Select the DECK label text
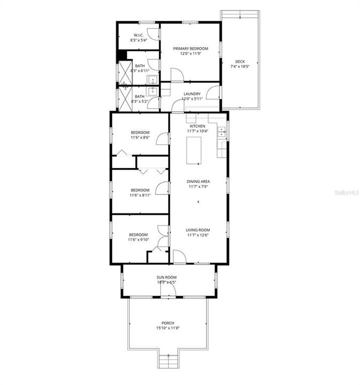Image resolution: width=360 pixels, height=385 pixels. (240, 61)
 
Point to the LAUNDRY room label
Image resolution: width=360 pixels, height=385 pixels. (192, 94)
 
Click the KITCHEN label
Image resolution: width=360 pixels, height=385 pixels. (197, 126)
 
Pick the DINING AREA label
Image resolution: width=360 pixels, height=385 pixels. (198, 181)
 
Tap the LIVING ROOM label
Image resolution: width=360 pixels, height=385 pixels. (198, 229)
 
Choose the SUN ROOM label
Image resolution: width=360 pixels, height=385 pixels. (166, 277)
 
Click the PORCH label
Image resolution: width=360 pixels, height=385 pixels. (168, 324)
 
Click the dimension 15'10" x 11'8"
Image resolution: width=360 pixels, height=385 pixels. (168, 328)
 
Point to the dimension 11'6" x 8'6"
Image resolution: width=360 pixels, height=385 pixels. (140, 137)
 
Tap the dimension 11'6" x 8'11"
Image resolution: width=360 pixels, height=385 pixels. (140, 195)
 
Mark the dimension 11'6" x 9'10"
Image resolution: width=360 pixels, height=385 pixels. (138, 240)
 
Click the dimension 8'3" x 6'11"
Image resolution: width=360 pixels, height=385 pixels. (140, 71)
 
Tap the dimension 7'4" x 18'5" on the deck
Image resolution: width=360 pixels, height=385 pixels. (240, 67)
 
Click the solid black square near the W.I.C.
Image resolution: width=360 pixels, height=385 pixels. (122, 55)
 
